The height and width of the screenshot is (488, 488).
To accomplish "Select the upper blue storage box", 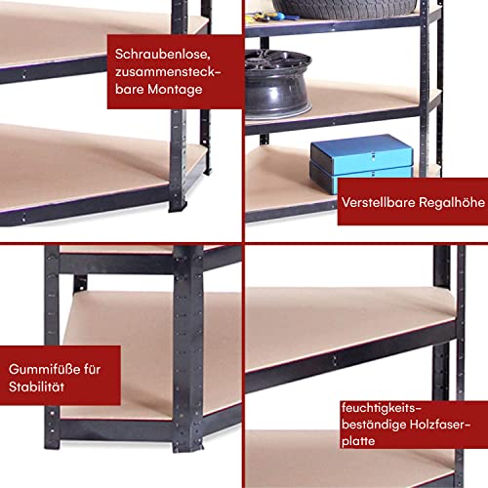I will (360, 152).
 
